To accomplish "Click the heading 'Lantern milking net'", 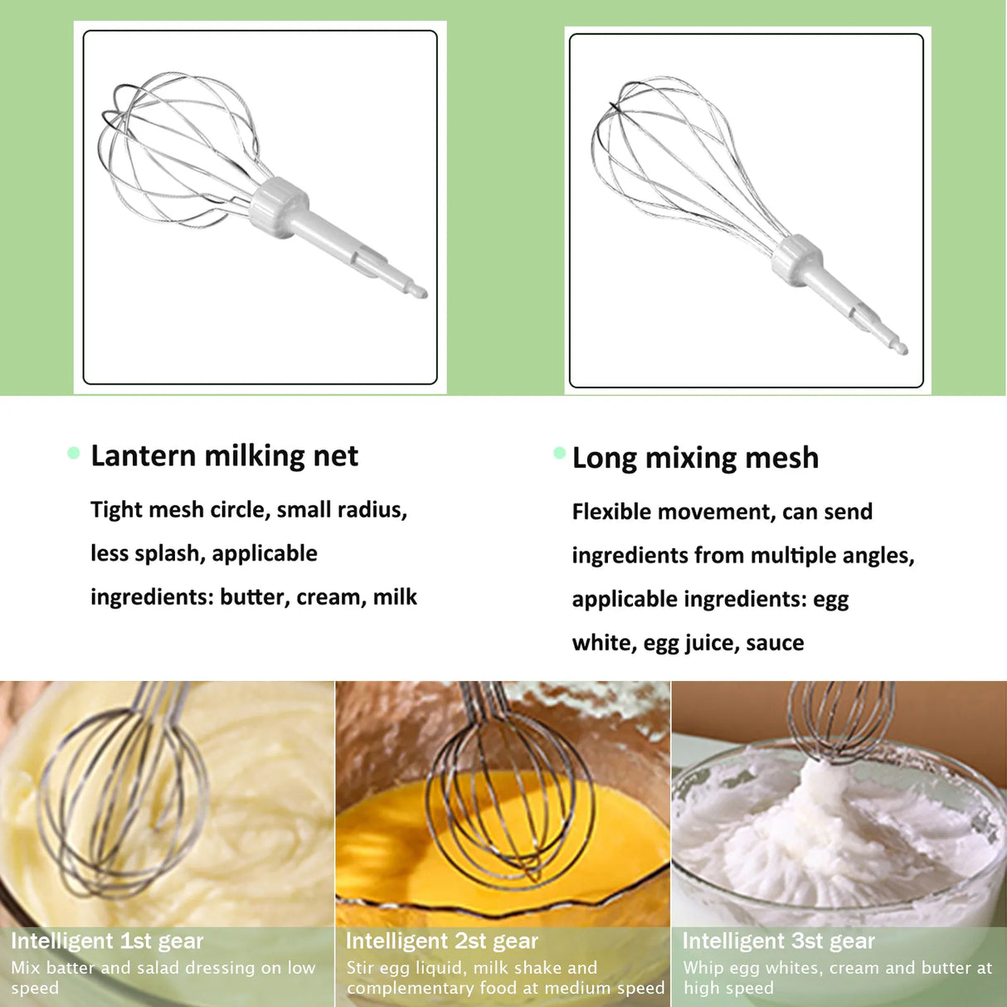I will point(224,456).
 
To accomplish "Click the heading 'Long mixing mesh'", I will point(695,458).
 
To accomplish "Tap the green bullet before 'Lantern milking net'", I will point(74,453).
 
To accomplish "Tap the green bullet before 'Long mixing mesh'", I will point(560,453).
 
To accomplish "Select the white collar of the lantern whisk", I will point(279,207).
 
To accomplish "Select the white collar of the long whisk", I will point(797,255).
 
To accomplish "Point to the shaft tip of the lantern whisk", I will point(418,291).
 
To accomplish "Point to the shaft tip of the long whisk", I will point(901,348).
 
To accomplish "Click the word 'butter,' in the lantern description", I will point(253,597).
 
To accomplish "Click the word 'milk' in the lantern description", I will point(395,597).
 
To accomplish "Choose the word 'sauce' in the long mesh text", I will point(775,643).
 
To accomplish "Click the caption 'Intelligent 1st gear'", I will point(107,941).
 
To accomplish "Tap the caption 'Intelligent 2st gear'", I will point(442,941).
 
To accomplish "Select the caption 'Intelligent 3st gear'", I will point(779,941).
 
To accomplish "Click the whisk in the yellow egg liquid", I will point(508,796).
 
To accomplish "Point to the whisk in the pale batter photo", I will point(124,796).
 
